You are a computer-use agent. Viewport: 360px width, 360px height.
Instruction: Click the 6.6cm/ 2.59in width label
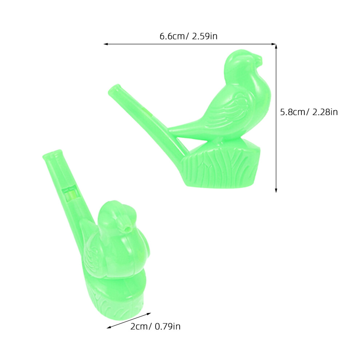[x=188, y=36]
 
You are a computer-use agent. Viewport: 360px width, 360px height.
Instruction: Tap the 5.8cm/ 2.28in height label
[x=309, y=112]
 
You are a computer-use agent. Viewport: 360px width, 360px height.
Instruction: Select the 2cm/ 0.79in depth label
[x=155, y=326]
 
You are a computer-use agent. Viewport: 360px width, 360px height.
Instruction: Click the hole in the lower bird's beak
[x=125, y=229]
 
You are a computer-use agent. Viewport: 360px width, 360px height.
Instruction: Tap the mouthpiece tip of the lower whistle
[x=52, y=154]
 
